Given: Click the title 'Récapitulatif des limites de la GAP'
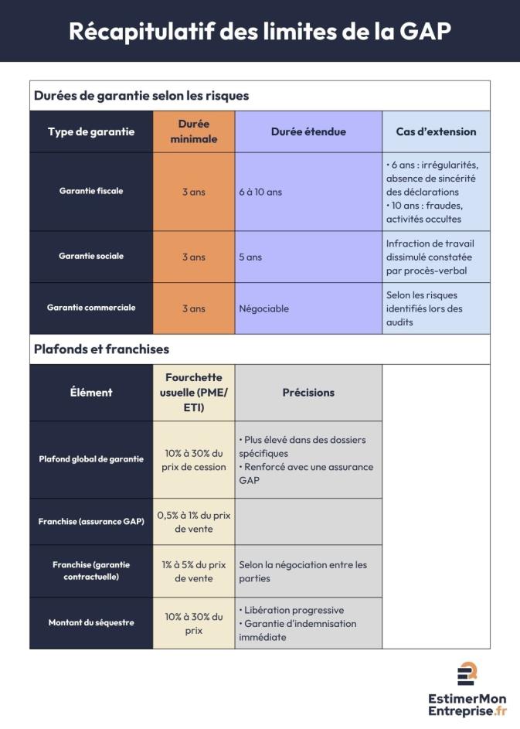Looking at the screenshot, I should click(260, 31).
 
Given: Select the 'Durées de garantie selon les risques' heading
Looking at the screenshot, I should click(141, 96).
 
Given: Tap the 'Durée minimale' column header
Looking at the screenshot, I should click(194, 131).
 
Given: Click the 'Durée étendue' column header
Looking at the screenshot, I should click(308, 131).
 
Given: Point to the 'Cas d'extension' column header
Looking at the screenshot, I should click(436, 131).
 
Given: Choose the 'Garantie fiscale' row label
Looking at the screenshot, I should click(91, 191).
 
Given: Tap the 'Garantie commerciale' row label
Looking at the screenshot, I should click(91, 308).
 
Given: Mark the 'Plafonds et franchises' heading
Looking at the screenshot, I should click(101, 349).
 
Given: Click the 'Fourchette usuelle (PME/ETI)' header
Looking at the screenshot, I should click(194, 392).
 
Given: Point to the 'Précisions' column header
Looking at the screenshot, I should click(308, 392).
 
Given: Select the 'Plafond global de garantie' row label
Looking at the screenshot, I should click(91, 459).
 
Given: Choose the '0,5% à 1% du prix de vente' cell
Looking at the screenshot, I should click(194, 522).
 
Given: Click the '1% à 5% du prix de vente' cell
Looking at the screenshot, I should click(194, 571).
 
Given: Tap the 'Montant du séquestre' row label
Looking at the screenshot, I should click(91, 622).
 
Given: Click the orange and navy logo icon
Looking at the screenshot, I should click(467, 673).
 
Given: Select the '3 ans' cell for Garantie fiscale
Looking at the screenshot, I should click(194, 192).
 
